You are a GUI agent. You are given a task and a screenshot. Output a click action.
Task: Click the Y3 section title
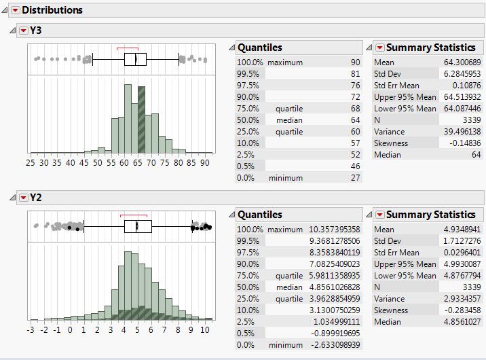(x=37, y=30)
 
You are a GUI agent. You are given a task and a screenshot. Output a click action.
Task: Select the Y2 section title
(x=37, y=197)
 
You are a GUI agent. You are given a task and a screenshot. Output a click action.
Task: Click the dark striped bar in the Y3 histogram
(x=141, y=120)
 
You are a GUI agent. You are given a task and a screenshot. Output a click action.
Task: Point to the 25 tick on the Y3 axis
(x=31, y=162)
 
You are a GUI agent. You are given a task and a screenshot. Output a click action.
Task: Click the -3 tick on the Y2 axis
(x=31, y=329)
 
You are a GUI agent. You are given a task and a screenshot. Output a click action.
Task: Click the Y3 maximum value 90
(x=355, y=62)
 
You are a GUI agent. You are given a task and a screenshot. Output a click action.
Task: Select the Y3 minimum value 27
(x=355, y=177)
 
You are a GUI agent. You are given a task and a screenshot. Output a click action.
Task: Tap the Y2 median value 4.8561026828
(x=331, y=287)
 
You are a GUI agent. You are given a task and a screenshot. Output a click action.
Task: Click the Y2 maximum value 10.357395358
(x=331, y=230)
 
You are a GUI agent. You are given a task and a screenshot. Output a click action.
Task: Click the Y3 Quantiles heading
(x=260, y=48)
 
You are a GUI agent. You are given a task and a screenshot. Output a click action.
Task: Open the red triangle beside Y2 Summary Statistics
(x=380, y=215)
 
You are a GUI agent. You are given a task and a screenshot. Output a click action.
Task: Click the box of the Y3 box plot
(x=135, y=59)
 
